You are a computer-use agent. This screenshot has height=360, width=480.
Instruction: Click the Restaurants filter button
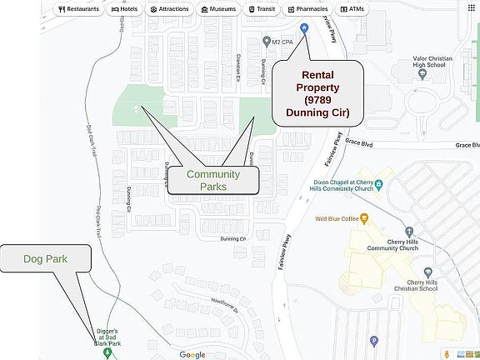coord(79,9)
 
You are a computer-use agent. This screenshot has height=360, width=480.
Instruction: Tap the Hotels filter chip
coord(123,9)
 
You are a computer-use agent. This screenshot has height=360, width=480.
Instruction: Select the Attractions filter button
coord(169,9)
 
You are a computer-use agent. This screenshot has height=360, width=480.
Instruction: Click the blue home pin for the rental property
coord(304,29)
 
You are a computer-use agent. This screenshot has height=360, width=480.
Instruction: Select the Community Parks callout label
coord(212,180)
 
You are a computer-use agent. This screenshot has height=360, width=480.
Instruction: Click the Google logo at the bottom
coord(192,355)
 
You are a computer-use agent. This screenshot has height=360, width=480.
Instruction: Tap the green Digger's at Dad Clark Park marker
coord(107,352)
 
